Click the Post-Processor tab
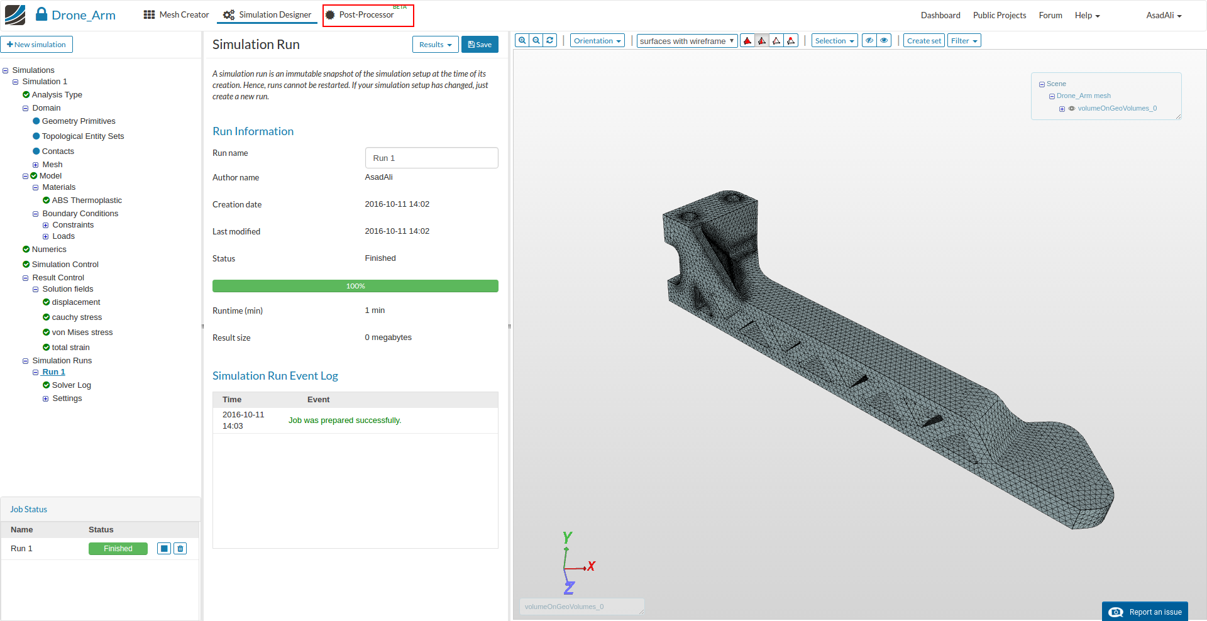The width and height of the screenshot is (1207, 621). (367, 15)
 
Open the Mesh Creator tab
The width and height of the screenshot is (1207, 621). (176, 15)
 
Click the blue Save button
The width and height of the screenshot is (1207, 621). (480, 45)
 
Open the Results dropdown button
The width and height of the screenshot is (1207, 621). (435, 45)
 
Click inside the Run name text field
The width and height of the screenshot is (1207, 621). (431, 158)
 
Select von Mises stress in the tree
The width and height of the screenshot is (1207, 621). (82, 332)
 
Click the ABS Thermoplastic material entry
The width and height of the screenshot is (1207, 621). (87, 201)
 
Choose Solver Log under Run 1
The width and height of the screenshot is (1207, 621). (71, 385)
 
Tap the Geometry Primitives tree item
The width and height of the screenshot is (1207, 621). (79, 121)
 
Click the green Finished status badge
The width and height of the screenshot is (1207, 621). (118, 549)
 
